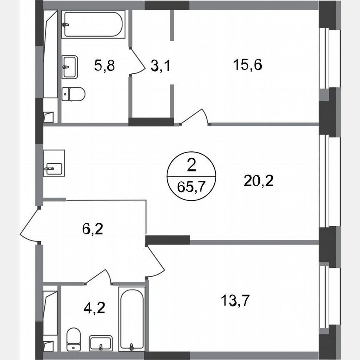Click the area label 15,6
tap(248, 65)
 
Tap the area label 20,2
tap(259, 181)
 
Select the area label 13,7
tap(236, 299)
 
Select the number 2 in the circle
tap(192, 167)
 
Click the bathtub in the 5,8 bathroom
tap(93, 24)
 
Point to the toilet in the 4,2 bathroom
tap(74, 338)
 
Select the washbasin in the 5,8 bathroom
tap(70, 66)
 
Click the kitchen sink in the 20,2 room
tap(54, 163)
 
